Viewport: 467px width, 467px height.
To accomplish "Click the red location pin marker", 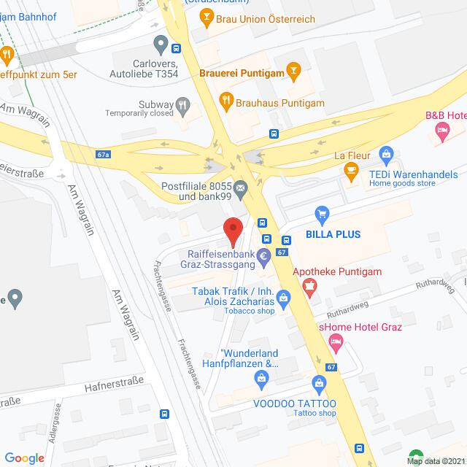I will (x=233, y=231).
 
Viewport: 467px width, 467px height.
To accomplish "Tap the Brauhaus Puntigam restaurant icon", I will (x=226, y=102).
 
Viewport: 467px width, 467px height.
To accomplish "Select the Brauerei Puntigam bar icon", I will (x=294, y=72).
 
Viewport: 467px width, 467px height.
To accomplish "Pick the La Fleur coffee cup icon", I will (x=351, y=170).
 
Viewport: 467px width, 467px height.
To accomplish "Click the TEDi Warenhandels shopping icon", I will (x=387, y=154).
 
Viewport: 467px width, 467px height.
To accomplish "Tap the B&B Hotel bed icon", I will (x=441, y=130).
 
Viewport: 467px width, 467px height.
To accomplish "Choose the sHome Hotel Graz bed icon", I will (x=336, y=341).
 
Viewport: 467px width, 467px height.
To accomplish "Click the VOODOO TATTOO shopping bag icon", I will (x=319, y=382).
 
